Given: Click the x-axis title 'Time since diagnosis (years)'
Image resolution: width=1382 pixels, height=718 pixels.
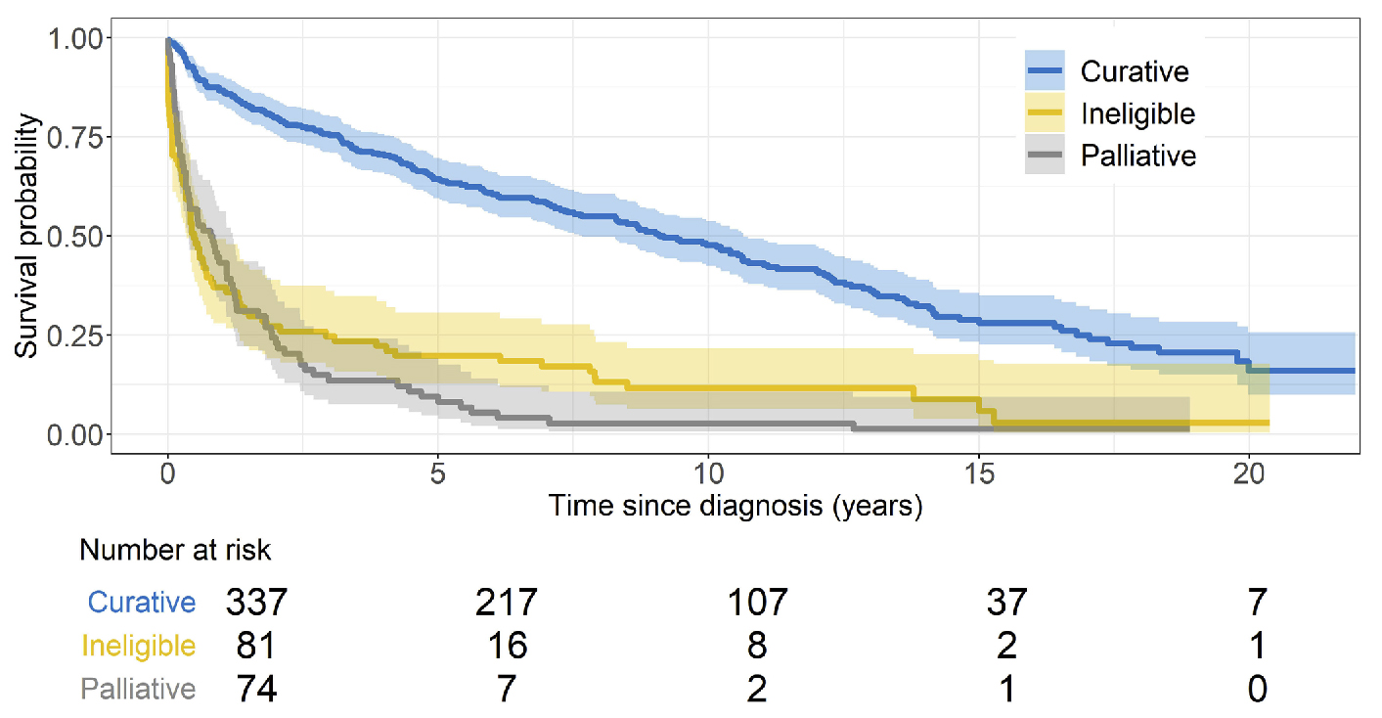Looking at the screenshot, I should (735, 507).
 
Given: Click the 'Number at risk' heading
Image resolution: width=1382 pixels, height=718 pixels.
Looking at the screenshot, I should (175, 551).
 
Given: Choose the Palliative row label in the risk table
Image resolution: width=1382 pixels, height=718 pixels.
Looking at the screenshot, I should (139, 689).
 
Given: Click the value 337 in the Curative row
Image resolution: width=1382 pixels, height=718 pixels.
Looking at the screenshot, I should (257, 602).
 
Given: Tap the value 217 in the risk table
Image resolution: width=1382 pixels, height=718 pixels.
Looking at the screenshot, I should (508, 602).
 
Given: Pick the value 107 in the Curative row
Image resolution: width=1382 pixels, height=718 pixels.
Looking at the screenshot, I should (757, 602).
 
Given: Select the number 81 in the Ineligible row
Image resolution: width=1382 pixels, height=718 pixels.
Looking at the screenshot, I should (257, 646).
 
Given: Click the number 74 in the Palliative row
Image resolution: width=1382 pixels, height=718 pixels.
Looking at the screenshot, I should (257, 689).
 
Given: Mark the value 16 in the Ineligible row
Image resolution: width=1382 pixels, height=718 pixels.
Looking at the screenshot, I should (508, 646).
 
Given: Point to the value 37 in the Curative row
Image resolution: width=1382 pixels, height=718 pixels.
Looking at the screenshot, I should (1007, 602).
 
